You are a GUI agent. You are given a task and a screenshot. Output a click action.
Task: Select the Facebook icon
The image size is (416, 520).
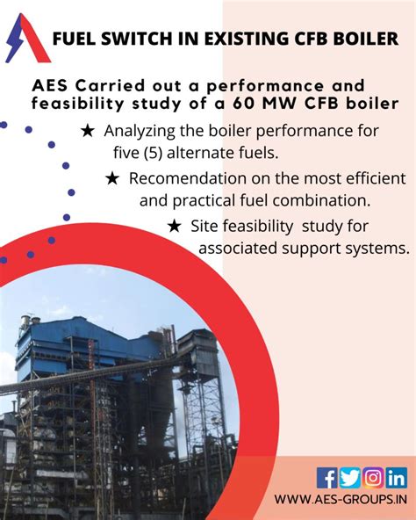(327, 478)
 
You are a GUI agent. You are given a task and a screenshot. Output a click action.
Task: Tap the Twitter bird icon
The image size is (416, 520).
(350, 478)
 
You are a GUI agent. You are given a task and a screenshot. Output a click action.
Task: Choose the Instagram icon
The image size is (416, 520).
(373, 478)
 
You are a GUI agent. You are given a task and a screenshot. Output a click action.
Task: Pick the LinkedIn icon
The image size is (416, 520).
(396, 478)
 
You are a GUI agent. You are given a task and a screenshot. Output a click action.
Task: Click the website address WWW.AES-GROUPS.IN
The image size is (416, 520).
(341, 501)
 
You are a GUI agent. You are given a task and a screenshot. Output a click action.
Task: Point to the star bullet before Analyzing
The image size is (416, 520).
(88, 131)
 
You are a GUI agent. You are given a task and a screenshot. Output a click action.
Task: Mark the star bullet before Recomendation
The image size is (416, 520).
(112, 178)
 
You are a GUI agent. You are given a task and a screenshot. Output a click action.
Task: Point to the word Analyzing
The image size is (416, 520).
(143, 131)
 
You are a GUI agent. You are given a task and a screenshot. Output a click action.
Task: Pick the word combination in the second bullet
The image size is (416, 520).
(348, 200)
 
